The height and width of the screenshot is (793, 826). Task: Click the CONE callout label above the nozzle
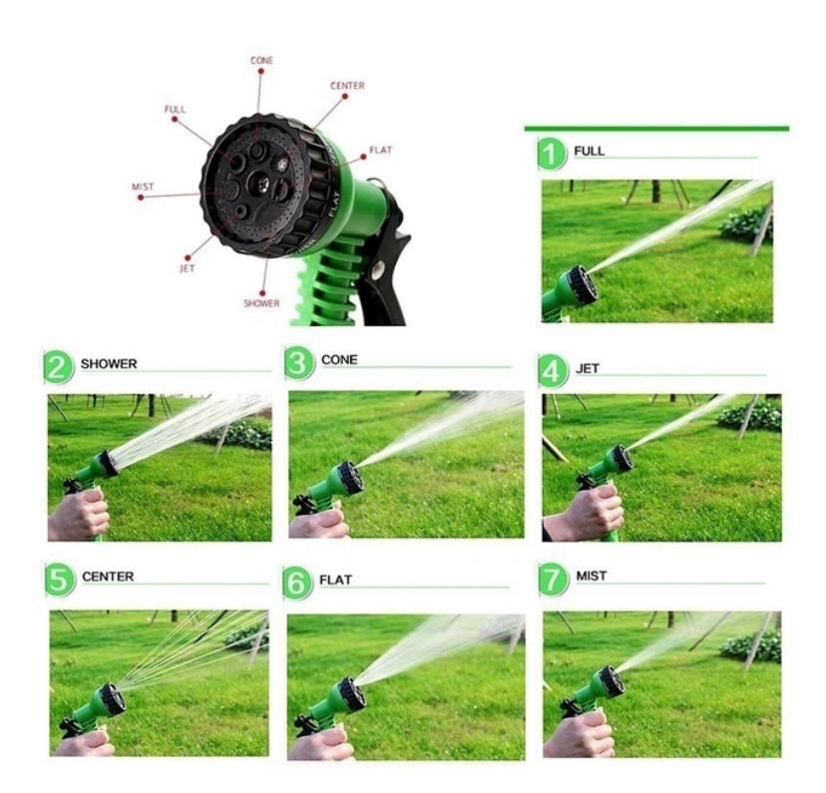click(261, 61)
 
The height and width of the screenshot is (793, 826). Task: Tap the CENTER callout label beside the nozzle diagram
click(347, 86)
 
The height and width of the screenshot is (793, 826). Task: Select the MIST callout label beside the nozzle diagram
click(143, 187)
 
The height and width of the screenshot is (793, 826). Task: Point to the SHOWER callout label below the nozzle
click(261, 303)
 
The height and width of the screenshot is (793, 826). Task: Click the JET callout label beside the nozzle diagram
click(187, 268)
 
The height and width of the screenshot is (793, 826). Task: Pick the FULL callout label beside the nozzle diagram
click(175, 109)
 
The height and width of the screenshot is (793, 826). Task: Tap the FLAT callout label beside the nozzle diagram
click(380, 150)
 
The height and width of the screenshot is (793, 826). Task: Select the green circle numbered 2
click(59, 367)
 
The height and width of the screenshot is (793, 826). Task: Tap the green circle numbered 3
click(298, 363)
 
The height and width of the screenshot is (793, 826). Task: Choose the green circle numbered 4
click(553, 371)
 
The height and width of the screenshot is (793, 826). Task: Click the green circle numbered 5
click(60, 581)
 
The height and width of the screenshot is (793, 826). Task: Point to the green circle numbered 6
click(297, 583)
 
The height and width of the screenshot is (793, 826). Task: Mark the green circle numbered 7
click(553, 580)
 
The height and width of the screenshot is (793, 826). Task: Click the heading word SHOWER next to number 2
click(109, 364)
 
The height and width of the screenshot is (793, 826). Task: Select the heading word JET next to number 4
click(588, 369)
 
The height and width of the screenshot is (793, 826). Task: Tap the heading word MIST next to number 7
click(591, 577)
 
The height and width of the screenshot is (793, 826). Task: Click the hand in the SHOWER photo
click(78, 516)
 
